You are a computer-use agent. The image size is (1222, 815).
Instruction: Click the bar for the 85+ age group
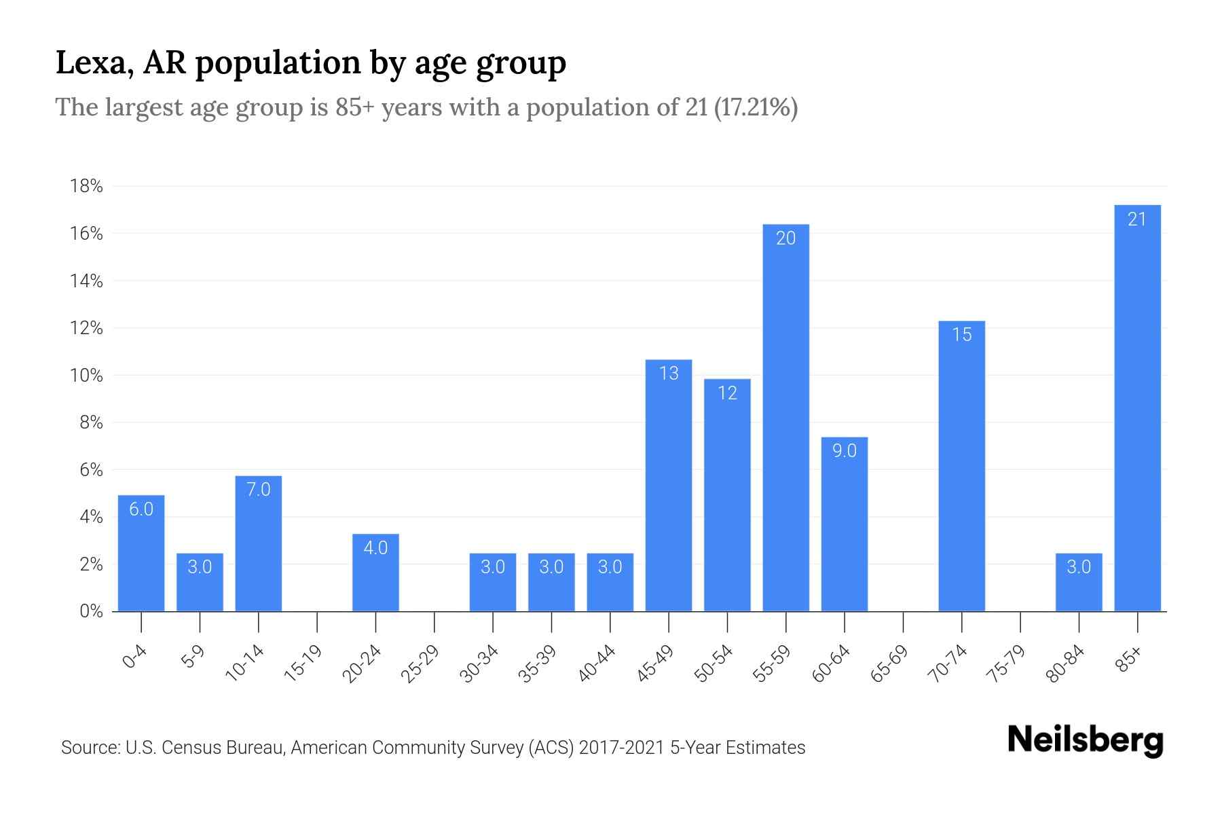[1137, 407]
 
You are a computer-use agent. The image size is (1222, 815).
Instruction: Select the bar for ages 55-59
[785, 418]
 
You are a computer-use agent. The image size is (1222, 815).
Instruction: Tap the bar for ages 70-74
[961, 466]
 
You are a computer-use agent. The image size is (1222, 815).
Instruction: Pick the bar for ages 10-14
[258, 543]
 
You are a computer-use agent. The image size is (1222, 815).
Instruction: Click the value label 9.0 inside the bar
[844, 451]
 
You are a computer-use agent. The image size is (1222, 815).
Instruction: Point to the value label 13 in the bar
[669, 374]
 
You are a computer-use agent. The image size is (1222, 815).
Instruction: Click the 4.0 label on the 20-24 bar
[375, 548]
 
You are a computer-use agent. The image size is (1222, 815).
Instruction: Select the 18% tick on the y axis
[86, 186]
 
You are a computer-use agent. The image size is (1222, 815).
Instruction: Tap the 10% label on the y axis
[86, 376]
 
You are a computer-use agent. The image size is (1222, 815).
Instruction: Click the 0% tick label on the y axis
[91, 611]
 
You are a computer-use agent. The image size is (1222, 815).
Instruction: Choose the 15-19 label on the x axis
[303, 664]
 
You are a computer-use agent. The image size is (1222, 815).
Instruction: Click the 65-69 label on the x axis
[889, 664]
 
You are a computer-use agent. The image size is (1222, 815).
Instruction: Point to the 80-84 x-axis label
[1065, 664]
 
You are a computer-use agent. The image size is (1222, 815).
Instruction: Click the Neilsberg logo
[1085, 740]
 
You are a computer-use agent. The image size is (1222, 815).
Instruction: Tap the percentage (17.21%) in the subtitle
[756, 107]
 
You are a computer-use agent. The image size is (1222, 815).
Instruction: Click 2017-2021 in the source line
[621, 748]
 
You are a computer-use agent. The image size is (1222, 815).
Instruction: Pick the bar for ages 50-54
[727, 496]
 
